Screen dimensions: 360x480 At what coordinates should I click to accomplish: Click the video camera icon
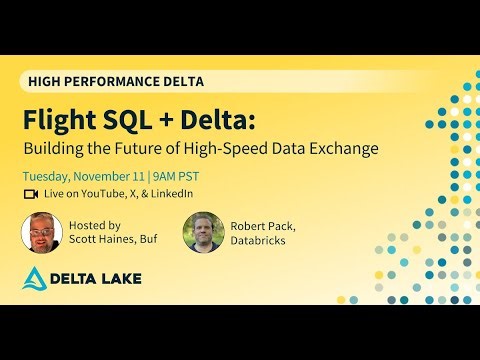click(30, 194)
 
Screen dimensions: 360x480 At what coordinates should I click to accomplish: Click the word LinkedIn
click(170, 194)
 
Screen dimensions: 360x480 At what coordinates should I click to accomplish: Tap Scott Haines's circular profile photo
click(42, 232)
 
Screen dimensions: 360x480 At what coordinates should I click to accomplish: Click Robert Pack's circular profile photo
click(203, 232)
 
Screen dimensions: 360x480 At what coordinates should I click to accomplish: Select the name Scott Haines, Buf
click(109, 240)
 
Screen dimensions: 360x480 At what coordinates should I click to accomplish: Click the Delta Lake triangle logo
click(36, 279)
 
